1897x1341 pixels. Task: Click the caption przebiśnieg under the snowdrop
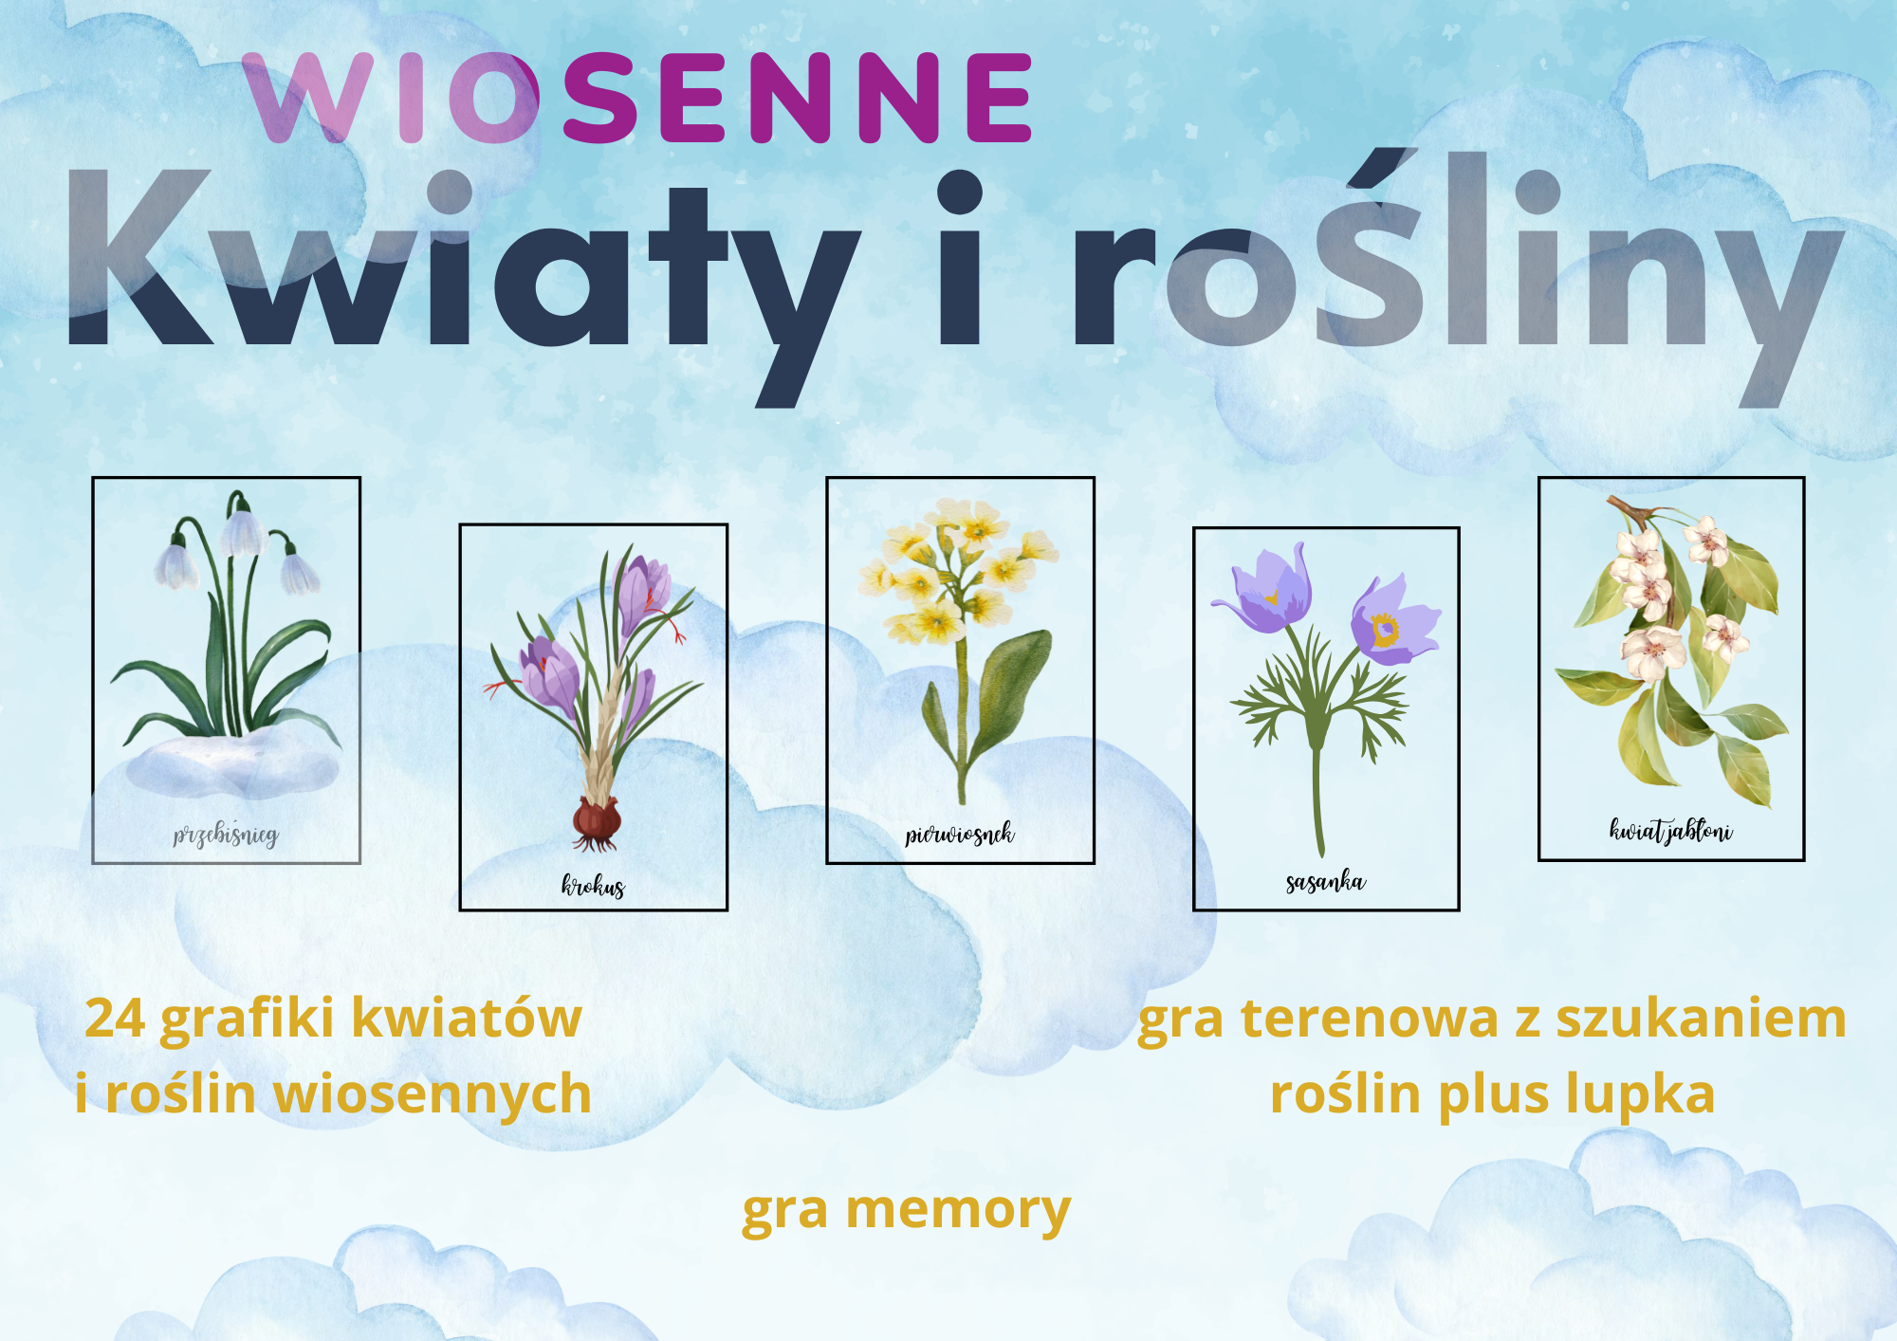coord(226,835)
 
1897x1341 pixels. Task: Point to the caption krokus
coord(593,885)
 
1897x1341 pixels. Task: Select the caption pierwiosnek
coord(959,834)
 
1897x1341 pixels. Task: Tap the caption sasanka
coord(1326,882)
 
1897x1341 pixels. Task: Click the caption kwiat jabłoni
coord(1670,831)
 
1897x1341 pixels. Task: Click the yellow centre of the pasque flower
coord(1384,630)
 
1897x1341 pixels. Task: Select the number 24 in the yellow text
coord(115,1019)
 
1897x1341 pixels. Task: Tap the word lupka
coord(1640,1094)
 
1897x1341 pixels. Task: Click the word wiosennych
coord(433,1094)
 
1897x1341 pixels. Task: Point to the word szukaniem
coord(1701,1019)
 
